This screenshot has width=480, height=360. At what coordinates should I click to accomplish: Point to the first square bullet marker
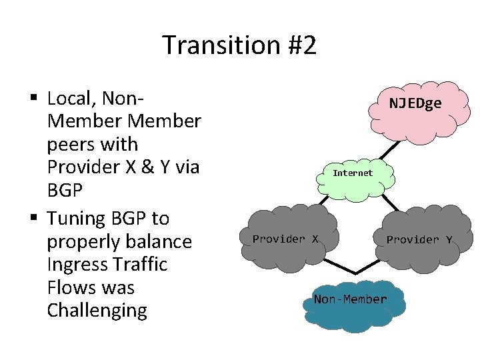(33, 99)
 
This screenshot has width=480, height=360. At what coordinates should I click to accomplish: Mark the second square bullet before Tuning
(33, 219)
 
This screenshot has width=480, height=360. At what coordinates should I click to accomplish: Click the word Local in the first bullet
(68, 99)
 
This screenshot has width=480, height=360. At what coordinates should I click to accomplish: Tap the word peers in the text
(72, 145)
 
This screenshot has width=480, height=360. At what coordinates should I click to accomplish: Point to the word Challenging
(97, 311)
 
